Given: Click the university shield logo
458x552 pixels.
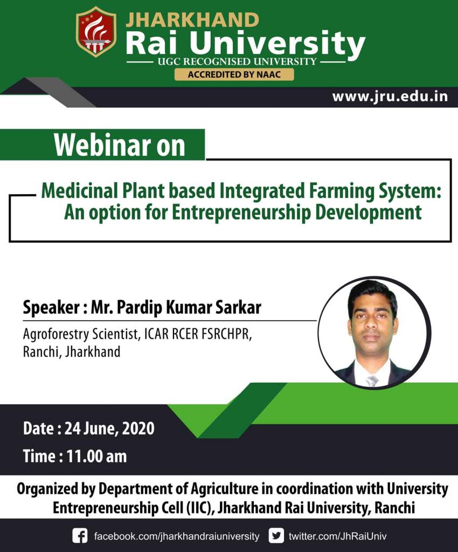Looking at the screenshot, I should pyautogui.click(x=96, y=32).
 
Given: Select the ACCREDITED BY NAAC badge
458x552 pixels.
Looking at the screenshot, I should pyautogui.click(x=234, y=74).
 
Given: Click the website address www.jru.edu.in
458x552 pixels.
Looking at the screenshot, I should pyautogui.click(x=390, y=97).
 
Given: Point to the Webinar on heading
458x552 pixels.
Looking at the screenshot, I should pyautogui.click(x=119, y=146).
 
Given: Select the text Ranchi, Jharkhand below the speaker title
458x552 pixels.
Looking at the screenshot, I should pyautogui.click(x=72, y=352).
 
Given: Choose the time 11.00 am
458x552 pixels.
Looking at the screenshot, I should pyautogui.click(x=96, y=457).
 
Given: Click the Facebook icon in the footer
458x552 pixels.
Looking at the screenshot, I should pyautogui.click(x=80, y=536).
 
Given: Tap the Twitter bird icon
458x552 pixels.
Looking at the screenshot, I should pyautogui.click(x=276, y=536).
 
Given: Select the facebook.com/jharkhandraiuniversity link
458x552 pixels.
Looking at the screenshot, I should pyautogui.click(x=177, y=537).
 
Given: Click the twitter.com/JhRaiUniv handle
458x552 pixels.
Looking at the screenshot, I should pyautogui.click(x=337, y=537).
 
